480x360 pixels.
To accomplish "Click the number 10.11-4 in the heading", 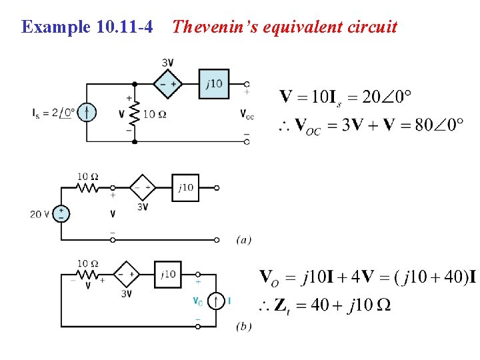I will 124,27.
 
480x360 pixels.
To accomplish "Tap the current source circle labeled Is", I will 86,113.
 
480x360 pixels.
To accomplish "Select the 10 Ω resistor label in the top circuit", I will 155,114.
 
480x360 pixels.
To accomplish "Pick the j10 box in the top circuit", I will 213,84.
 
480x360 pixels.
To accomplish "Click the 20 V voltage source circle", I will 61,214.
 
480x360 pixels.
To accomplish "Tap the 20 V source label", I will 39,215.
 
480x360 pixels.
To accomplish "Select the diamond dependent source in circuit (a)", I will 143,188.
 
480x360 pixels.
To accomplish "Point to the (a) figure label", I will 243,239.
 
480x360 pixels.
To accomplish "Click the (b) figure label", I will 243,326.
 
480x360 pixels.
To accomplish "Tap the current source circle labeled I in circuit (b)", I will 216,301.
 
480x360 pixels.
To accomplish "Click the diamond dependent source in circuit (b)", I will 127,273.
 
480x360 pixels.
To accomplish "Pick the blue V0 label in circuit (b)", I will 197,301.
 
